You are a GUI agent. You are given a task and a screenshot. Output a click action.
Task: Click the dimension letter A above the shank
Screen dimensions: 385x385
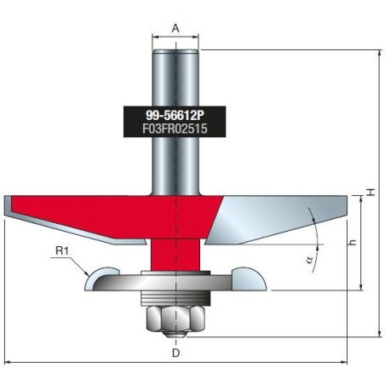[175, 27]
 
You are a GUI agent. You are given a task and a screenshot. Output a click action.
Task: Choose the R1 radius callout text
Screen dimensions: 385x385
[61, 251]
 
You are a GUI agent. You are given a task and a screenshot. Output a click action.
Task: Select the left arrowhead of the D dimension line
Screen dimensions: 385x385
[8, 363]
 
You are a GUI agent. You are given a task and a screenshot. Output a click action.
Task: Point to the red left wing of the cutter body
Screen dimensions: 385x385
[85, 209]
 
